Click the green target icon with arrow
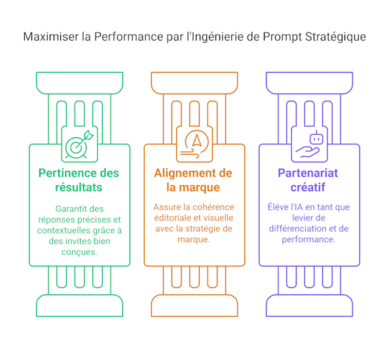79,144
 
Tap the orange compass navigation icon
194,144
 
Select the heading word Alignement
185,173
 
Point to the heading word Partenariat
308,173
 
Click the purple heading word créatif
308,187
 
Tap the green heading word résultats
79,187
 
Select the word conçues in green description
79,252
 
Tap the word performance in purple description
308,240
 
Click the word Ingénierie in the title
215,37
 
